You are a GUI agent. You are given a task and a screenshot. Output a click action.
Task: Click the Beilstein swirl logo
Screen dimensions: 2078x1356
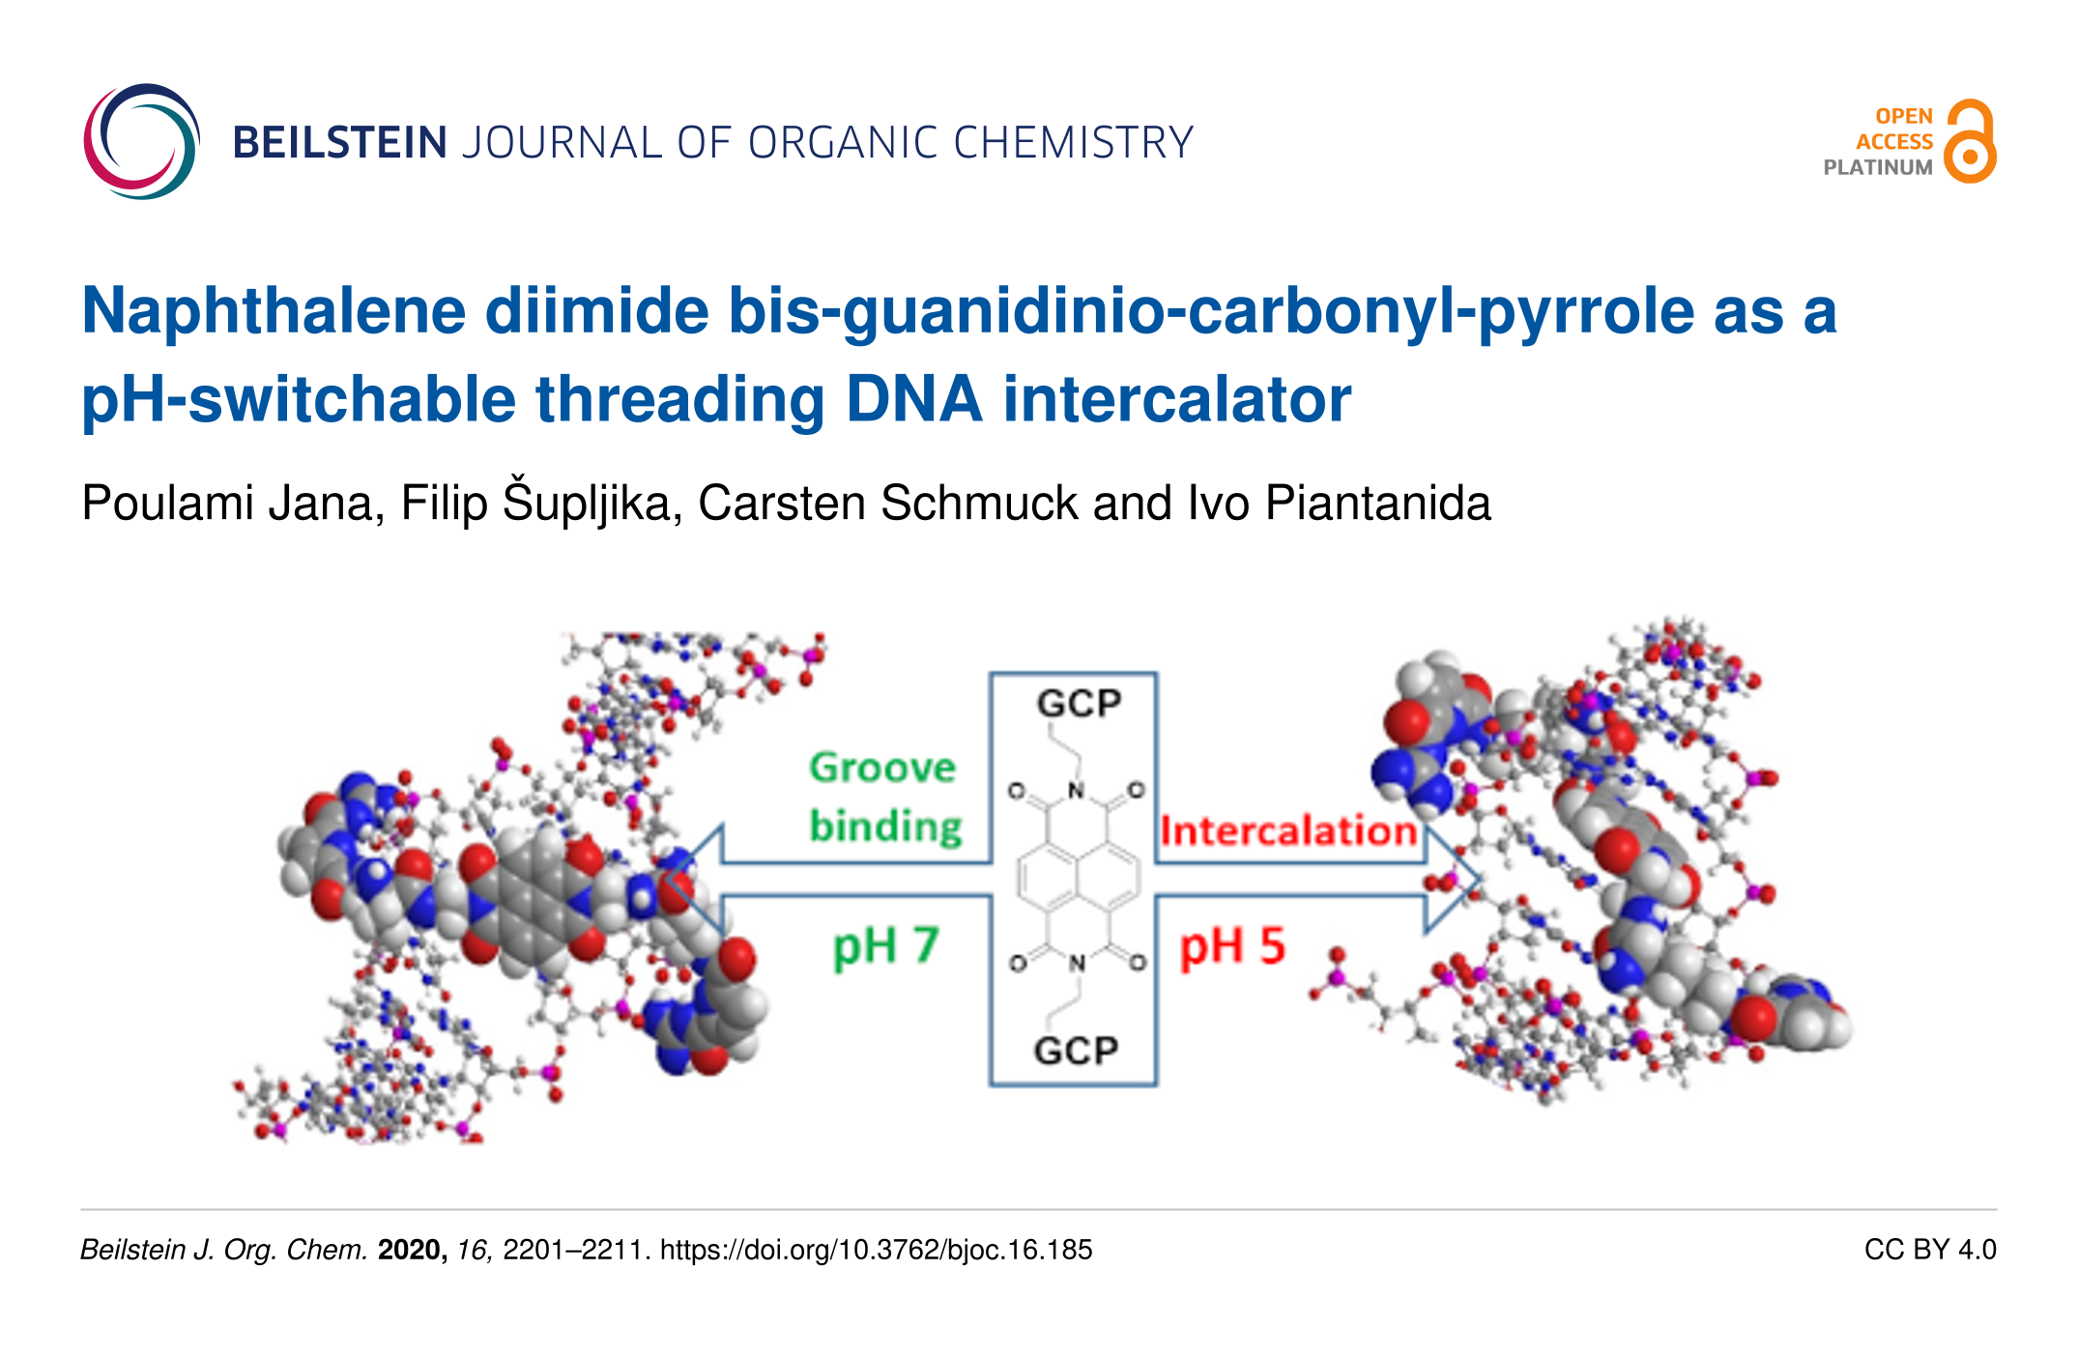142,141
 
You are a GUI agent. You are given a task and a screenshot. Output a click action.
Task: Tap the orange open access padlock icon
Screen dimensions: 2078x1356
1970,141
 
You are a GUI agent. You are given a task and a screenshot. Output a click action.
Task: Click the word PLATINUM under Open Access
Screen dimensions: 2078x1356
1878,167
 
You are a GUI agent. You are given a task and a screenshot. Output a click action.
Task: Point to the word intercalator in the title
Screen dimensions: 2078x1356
1177,399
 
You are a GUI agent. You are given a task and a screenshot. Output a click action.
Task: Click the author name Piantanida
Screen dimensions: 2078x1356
1378,504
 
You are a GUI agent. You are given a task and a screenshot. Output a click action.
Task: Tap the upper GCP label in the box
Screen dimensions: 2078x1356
1079,703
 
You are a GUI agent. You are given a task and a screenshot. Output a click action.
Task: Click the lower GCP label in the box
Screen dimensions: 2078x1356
1076,1050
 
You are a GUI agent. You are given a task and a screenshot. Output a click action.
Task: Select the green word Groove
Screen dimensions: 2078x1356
882,767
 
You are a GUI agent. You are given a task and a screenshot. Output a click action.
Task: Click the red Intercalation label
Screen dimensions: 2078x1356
1288,831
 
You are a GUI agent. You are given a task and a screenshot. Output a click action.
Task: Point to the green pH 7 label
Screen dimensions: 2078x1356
885,946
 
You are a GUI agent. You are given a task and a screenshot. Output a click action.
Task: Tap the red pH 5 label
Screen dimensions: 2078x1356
1232,946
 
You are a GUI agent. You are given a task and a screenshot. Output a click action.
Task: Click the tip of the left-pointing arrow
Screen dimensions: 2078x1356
664,880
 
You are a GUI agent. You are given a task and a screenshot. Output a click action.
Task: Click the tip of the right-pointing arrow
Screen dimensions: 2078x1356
1479,880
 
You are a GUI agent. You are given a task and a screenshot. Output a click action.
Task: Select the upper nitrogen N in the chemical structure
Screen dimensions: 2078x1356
1076,792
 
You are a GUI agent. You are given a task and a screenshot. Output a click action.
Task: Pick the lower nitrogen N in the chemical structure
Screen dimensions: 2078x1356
1077,963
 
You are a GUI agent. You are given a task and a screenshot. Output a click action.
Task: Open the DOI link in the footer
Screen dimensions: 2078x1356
876,1250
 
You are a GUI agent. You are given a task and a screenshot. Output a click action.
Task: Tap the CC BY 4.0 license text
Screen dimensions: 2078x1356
1930,1250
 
